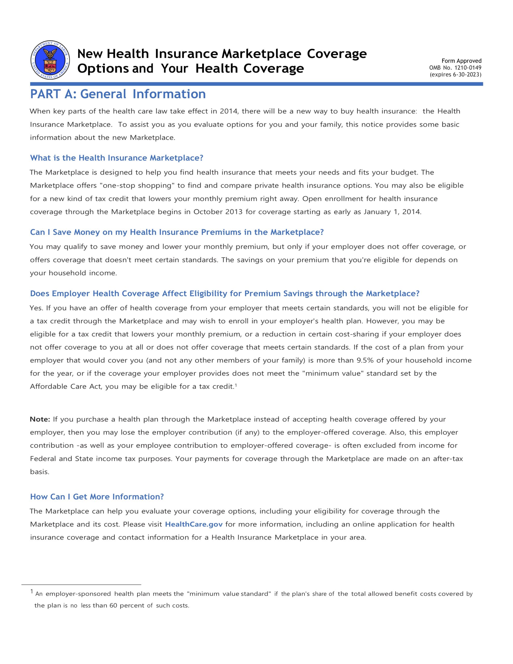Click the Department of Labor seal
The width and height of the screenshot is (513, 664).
(50, 60)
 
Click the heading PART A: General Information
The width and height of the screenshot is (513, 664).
(118, 94)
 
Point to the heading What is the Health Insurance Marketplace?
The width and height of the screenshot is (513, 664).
(116, 158)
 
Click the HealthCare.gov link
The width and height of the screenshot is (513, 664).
(194, 524)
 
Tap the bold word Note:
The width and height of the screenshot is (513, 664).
(40, 419)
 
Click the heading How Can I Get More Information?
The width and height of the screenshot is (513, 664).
(97, 497)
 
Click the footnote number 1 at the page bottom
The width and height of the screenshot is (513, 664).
(32, 592)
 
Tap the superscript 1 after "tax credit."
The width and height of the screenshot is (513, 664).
(236, 385)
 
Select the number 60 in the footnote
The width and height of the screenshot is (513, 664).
(113, 605)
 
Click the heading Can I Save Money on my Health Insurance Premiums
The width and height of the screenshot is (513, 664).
(177, 232)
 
